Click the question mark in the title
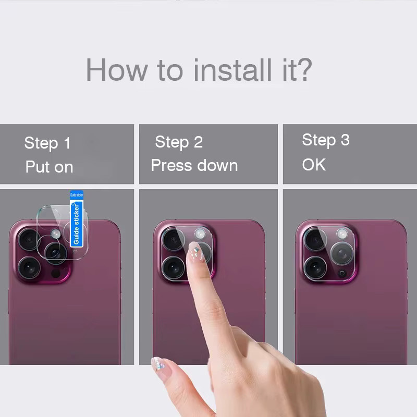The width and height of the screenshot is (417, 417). [x=303, y=69]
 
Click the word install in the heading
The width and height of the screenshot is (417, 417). [x=232, y=70]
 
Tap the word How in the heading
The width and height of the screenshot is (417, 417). [x=117, y=70]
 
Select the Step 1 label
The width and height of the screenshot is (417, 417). [x=47, y=143]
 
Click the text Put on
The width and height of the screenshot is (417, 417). [x=49, y=167]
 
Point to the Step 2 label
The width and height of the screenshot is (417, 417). [x=179, y=142]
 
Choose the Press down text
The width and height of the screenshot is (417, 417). [x=194, y=165]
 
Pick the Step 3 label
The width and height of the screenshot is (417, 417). [x=326, y=140]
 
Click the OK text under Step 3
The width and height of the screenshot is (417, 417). [x=314, y=165]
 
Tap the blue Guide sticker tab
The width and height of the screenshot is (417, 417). [x=77, y=218]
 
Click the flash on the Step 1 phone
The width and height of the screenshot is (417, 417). [x=56, y=234]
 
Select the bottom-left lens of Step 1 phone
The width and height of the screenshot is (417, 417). [x=29, y=268]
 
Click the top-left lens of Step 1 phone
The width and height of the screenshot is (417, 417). [x=29, y=239]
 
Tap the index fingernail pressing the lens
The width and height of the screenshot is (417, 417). [x=195, y=252]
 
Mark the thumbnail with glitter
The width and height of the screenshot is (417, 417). [x=158, y=364]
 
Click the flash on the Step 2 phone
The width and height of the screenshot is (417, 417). [x=200, y=234]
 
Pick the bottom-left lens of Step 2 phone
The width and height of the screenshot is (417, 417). [x=173, y=267]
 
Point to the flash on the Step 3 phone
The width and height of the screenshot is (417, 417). [x=342, y=234]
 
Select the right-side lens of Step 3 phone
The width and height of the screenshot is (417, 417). [x=342, y=253]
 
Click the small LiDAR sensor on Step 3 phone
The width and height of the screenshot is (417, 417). [x=342, y=274]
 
